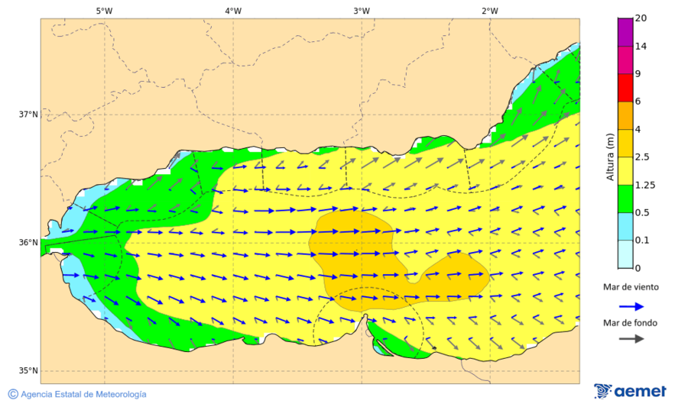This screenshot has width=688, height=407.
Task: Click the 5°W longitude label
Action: [104, 11]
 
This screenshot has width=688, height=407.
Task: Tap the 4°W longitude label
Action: [233, 11]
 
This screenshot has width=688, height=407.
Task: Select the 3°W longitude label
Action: [362, 11]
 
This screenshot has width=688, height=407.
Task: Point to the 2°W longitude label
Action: [490, 11]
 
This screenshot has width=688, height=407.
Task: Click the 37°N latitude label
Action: [28, 115]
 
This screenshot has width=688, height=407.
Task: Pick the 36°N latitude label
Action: [28, 243]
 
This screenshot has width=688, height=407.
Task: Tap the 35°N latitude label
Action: [28, 371]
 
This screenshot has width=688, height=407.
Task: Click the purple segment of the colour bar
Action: [625, 31]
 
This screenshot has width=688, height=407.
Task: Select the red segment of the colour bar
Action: [625, 88]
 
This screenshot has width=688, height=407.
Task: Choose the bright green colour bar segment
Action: [625, 199]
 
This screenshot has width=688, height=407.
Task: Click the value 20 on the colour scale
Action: [641, 18]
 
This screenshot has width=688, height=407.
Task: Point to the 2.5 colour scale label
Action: [642, 157]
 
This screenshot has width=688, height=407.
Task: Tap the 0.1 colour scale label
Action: [642, 241]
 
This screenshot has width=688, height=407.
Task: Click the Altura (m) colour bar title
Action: [610, 156]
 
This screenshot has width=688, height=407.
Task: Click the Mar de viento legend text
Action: [630, 287]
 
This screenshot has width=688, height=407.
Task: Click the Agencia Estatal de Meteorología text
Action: [83, 394]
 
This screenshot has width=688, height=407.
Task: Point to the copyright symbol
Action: [13, 394]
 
